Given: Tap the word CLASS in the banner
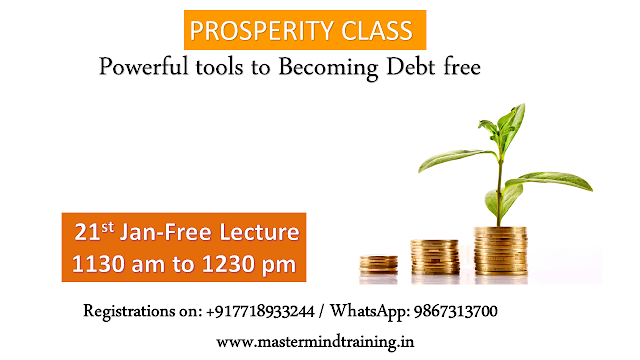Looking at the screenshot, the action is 377,31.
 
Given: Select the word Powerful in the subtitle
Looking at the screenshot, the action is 144,66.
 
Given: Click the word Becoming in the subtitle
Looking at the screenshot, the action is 328,68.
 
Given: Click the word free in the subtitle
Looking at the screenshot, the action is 462,66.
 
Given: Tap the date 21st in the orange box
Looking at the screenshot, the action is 94,231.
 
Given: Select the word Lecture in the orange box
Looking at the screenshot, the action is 260,232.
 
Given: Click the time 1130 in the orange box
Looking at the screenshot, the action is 98,264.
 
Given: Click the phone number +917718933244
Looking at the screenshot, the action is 260,311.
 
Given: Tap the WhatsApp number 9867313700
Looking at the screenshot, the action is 456,311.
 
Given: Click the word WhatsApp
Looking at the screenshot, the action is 370,312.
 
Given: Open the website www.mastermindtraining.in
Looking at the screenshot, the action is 315,342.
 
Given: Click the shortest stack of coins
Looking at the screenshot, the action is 378,264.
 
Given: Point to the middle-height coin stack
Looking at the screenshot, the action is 435,257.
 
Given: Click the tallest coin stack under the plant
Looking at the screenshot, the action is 500,251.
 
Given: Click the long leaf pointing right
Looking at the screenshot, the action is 549,180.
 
